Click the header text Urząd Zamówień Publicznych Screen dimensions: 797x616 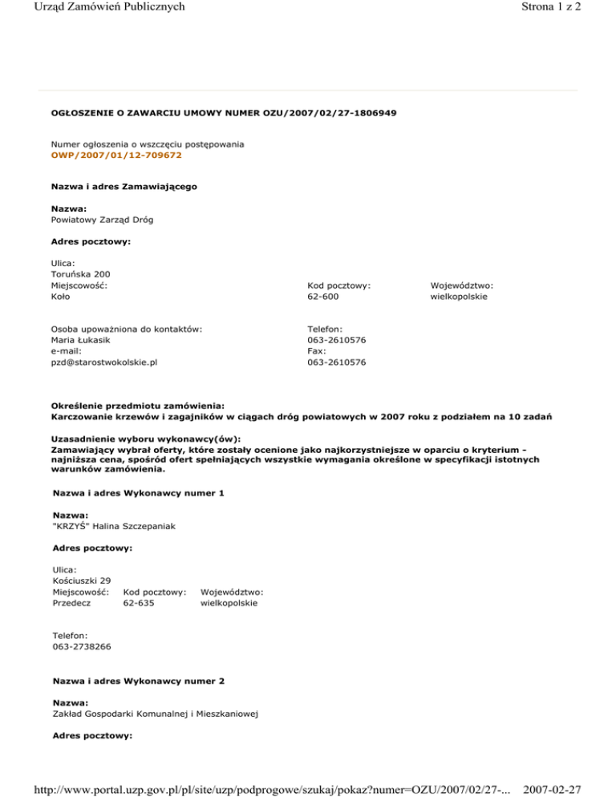[93, 8]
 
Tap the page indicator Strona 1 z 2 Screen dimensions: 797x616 [569, 8]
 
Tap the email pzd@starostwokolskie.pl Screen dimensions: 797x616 [104, 362]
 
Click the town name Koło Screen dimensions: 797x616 [60, 296]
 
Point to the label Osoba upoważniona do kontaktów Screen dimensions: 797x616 [126, 328]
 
